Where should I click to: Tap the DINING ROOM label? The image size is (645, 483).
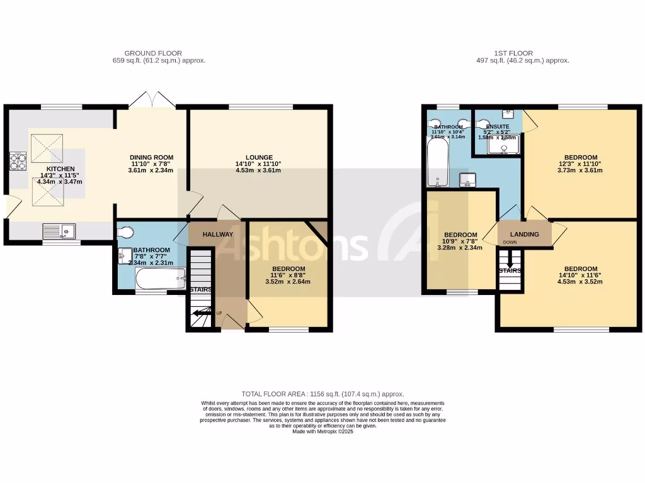point(151,157)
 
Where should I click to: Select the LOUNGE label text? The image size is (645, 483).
point(259,157)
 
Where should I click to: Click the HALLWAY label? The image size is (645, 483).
point(218,235)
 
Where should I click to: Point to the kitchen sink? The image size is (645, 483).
point(59,232)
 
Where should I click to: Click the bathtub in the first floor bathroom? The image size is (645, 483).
point(437,162)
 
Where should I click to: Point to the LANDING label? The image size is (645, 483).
point(525,235)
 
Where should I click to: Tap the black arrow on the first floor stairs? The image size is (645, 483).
point(510,260)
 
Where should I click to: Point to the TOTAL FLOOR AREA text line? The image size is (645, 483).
point(322,394)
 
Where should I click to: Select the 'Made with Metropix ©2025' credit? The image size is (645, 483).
point(322,431)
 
